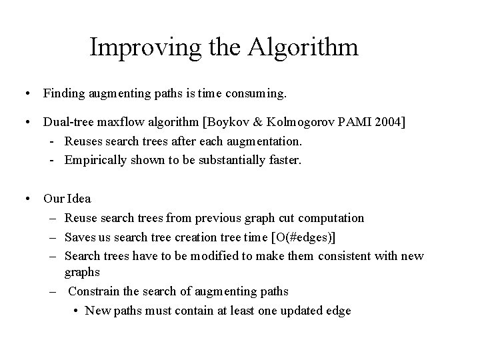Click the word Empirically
tap(95, 159)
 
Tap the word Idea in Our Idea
tap(79, 198)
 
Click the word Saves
tap(80, 237)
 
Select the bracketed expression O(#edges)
tap(303, 237)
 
